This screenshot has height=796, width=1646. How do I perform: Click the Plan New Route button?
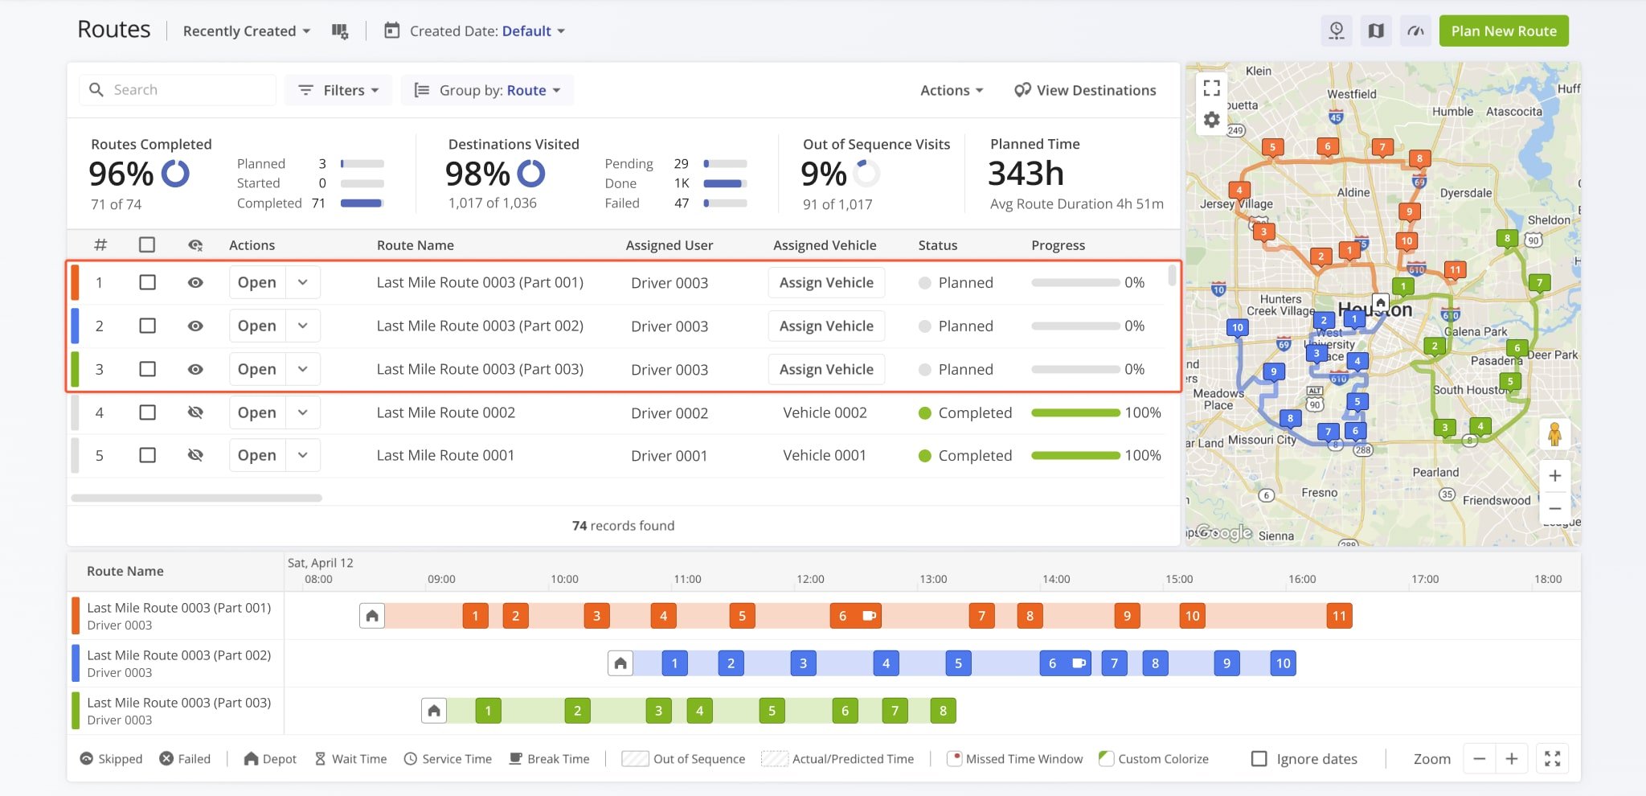click(1503, 31)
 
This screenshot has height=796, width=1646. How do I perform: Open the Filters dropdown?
click(338, 90)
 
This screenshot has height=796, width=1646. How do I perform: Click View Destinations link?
click(1085, 90)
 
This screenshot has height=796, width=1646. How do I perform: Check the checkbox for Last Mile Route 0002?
click(147, 412)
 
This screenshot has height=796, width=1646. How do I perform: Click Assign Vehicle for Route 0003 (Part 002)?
click(825, 326)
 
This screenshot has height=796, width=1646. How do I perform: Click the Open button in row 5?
click(257, 455)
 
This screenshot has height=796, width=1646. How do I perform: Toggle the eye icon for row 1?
click(195, 283)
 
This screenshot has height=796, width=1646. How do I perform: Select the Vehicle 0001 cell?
click(825, 455)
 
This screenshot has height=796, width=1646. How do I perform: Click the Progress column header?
click(1058, 245)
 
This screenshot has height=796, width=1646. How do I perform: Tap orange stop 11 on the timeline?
click(1339, 616)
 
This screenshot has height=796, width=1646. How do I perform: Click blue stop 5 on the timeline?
click(958, 663)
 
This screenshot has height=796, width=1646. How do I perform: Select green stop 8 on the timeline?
click(943, 711)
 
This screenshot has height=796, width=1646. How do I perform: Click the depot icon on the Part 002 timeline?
click(620, 663)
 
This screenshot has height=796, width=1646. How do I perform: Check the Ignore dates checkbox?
click(1259, 759)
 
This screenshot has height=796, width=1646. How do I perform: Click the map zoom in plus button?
click(1554, 476)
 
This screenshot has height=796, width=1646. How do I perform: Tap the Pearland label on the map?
click(1435, 473)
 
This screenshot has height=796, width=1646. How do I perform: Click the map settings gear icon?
click(1212, 120)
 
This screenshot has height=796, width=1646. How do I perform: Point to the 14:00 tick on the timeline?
click(1056, 579)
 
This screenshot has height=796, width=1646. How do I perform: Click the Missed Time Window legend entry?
click(1015, 759)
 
